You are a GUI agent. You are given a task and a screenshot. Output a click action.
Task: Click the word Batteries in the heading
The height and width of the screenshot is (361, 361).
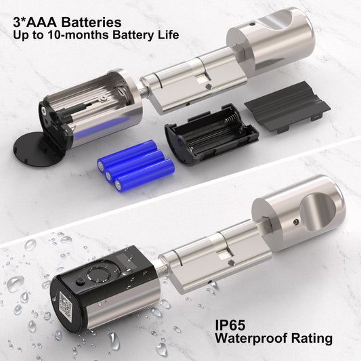pyautogui.click(x=91, y=22)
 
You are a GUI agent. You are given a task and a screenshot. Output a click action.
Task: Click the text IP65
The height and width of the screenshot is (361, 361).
pyautogui.click(x=230, y=325)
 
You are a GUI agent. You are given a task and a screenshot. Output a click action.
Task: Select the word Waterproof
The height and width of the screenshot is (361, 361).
pyautogui.click(x=251, y=339)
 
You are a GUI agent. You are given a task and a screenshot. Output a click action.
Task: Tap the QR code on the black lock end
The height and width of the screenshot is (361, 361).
pyautogui.click(x=67, y=303)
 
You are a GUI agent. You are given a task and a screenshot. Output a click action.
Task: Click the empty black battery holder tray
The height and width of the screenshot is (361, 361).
pyautogui.click(x=211, y=134)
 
